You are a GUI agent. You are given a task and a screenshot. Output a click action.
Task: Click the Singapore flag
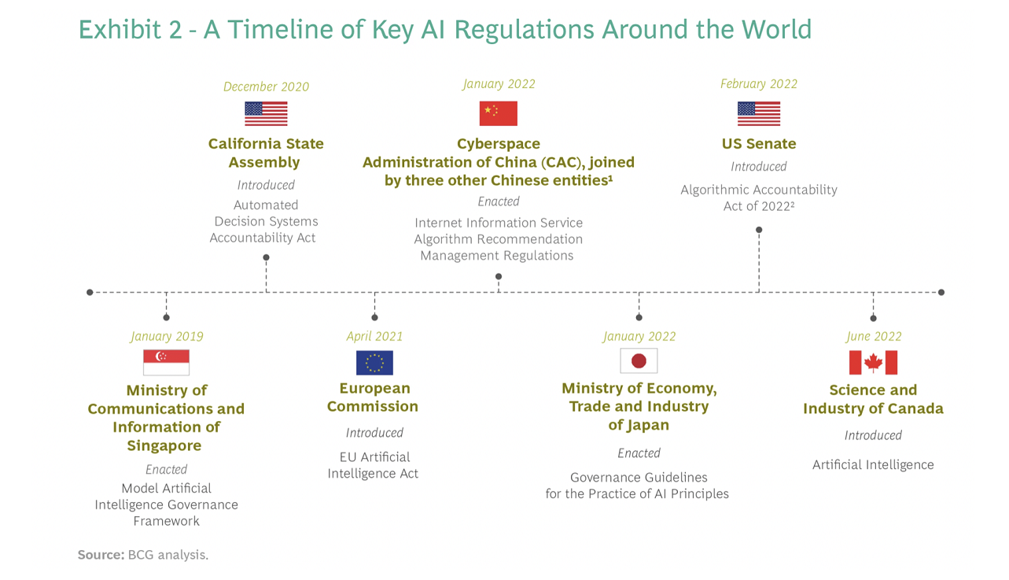(x=166, y=362)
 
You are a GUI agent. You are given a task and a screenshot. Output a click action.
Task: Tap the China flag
(x=498, y=113)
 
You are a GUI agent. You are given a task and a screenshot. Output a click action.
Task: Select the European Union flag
(x=374, y=363)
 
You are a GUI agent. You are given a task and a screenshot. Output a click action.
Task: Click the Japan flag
(x=639, y=360)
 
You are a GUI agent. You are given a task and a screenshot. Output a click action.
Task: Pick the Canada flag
(x=873, y=362)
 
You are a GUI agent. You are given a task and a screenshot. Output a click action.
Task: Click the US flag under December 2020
(x=267, y=113)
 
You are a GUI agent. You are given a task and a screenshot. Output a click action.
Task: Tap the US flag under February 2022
(x=759, y=113)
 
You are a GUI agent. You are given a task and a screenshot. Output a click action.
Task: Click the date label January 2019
(x=167, y=336)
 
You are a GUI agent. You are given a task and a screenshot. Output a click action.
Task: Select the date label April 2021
(x=374, y=336)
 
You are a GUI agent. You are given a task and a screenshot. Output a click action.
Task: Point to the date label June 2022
(x=874, y=336)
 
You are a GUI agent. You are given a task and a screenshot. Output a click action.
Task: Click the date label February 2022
(x=759, y=84)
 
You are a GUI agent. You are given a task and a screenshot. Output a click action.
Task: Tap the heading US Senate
(x=759, y=144)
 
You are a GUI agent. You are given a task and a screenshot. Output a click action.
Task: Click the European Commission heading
(x=374, y=397)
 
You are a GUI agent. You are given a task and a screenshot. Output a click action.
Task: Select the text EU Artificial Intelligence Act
(x=374, y=465)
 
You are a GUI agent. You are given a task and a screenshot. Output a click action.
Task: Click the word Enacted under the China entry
(x=499, y=201)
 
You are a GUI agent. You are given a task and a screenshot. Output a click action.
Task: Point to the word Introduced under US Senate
(x=759, y=167)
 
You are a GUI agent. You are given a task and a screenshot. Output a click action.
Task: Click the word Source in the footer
(x=101, y=555)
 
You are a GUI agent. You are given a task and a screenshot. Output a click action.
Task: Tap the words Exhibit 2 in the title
(x=131, y=30)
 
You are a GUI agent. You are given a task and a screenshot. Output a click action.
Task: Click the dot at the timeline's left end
(x=90, y=293)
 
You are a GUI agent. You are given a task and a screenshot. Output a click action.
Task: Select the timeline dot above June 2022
(x=874, y=318)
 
